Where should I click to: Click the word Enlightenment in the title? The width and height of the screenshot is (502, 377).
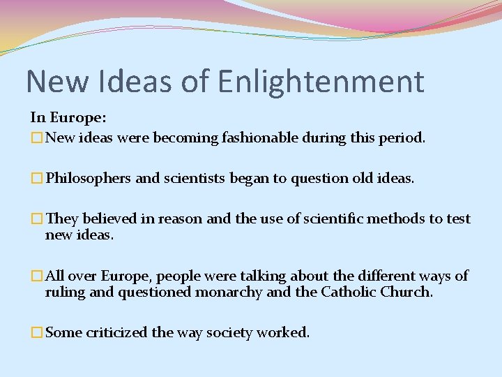point(320,82)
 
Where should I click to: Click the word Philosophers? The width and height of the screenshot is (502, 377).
point(88,178)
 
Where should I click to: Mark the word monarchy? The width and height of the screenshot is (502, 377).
point(229,293)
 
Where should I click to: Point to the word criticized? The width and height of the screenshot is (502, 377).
point(117,333)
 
